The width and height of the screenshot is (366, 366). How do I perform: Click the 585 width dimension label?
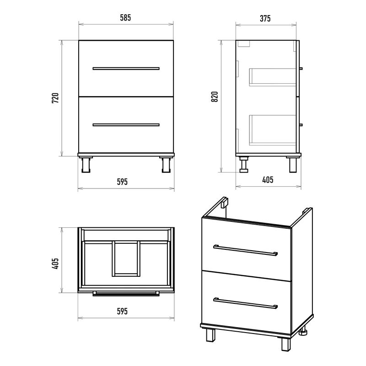[x=125, y=18]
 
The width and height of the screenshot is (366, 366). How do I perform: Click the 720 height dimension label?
[x=55, y=98]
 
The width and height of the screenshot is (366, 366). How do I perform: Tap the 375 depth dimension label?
[x=265, y=18]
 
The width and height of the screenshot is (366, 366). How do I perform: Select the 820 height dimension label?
[x=214, y=97]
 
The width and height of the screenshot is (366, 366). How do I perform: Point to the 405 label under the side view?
[x=268, y=180]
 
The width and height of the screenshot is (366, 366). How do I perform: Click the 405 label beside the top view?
[x=55, y=264]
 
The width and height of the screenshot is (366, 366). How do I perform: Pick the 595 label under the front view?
[x=122, y=182]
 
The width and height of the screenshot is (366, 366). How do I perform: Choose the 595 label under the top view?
[x=122, y=312]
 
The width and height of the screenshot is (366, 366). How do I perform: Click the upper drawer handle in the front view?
[x=126, y=69]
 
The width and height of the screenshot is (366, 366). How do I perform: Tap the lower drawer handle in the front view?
[x=126, y=125]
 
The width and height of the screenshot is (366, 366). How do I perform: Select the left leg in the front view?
[x=86, y=165]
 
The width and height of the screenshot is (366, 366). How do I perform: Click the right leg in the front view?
[x=166, y=165]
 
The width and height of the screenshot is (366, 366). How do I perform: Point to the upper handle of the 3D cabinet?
[x=246, y=250]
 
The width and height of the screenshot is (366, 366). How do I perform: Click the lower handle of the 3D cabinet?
[x=246, y=303]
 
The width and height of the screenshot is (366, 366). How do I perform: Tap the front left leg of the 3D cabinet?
[x=210, y=335]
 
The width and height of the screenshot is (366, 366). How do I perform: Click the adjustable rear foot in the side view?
[x=244, y=165]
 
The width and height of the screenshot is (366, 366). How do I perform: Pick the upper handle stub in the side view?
[x=301, y=69]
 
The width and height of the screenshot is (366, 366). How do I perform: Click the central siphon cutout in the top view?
[x=126, y=258]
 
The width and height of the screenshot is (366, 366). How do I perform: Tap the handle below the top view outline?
[x=126, y=294]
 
